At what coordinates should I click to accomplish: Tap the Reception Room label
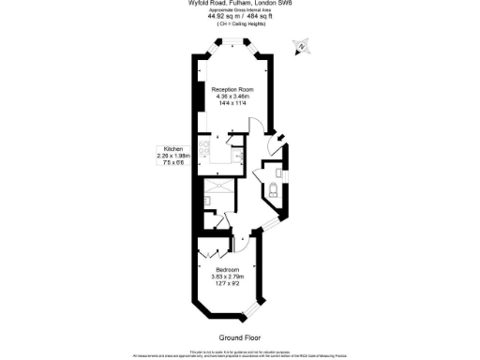233,89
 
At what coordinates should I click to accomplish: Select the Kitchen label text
172,149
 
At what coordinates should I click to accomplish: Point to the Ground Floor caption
239,337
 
